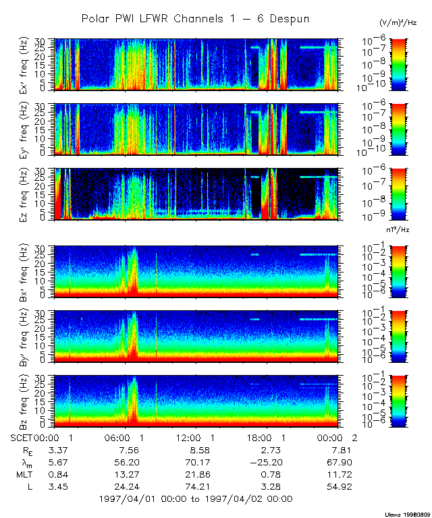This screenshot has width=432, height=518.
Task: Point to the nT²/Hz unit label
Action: point(399,230)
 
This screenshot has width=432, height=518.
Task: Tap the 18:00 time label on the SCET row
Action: point(267,438)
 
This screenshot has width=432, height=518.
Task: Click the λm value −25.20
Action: point(268,462)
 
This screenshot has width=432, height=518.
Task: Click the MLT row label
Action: point(22,474)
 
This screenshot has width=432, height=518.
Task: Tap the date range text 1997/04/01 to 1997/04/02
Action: point(196,499)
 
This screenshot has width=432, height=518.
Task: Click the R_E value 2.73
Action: point(271,450)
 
